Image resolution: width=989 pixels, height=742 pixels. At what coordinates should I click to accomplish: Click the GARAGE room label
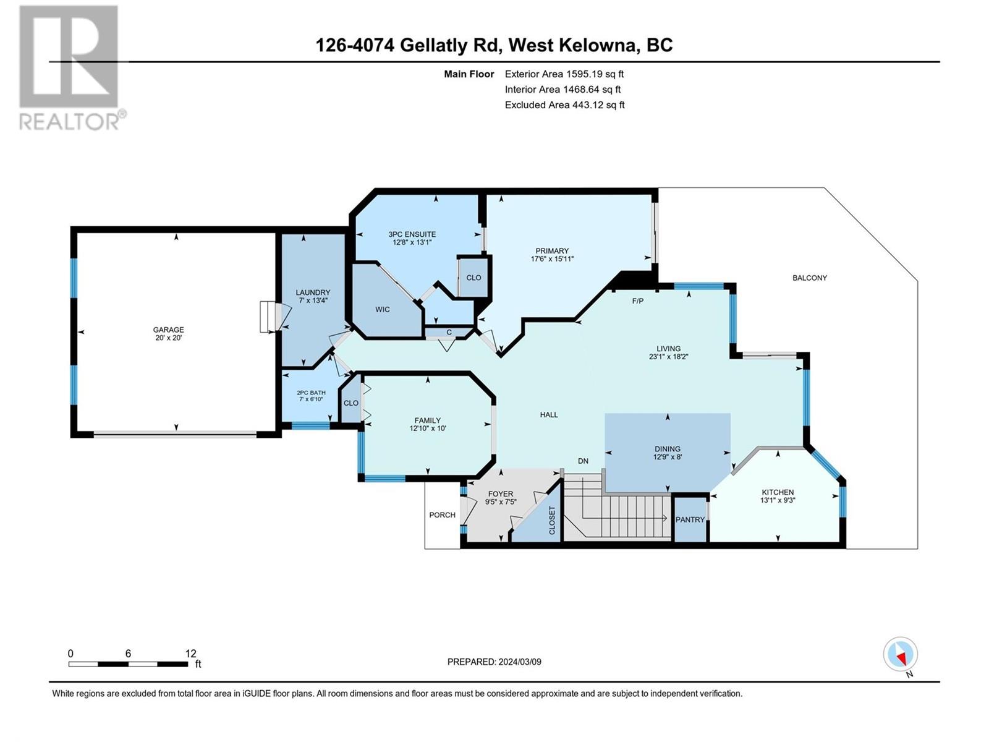[168, 330]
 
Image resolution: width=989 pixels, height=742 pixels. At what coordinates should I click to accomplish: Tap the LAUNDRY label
[313, 292]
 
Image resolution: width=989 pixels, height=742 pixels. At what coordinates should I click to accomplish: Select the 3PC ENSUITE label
[412, 234]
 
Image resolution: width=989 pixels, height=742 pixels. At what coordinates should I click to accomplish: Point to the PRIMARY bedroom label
[552, 251]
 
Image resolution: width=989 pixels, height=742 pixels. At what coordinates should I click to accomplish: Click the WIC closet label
[382, 310]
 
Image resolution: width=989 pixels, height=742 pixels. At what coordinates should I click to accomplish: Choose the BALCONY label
[810, 278]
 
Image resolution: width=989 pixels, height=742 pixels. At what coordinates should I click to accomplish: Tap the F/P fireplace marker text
[637, 301]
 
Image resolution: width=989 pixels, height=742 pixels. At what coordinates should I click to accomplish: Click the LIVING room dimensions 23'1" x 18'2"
[668, 356]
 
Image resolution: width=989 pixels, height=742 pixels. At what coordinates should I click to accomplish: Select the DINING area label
[668, 449]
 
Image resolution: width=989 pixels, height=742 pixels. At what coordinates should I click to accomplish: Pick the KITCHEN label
[778, 492]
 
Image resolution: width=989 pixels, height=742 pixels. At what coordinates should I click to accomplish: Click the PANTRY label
[690, 519]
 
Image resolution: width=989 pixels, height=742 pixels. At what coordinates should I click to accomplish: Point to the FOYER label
[501, 494]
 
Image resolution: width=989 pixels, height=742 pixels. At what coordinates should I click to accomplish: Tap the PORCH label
[442, 515]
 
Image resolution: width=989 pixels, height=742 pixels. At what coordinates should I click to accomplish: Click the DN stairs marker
[583, 461]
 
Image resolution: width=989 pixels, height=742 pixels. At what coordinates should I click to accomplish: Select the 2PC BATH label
[311, 393]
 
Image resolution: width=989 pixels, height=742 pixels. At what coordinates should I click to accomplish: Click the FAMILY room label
[428, 420]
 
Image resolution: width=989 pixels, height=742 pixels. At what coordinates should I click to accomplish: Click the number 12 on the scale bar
[190, 653]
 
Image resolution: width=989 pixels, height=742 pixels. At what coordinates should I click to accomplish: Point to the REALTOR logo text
[69, 121]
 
